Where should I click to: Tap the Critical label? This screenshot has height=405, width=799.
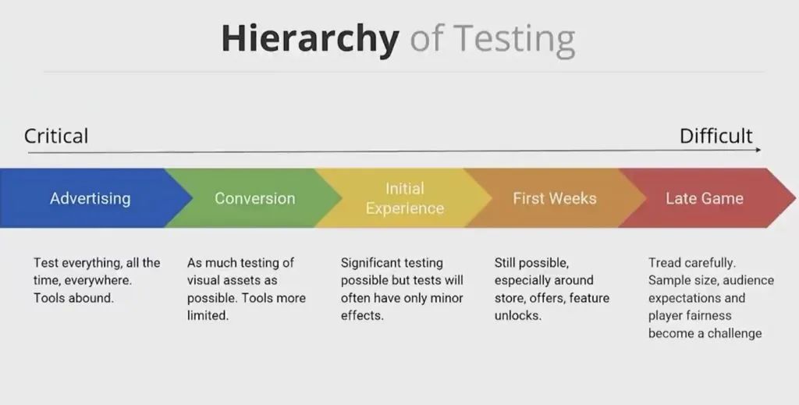(56, 136)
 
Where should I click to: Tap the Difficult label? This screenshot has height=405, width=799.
(716, 136)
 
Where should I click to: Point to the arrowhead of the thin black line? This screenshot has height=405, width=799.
(758, 150)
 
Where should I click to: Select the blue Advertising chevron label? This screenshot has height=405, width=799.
(91, 198)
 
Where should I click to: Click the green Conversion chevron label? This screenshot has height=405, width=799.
(255, 198)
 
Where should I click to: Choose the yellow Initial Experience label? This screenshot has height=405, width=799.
(405, 198)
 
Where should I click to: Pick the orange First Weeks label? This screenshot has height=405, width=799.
(555, 198)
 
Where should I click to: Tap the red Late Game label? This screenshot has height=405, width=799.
(705, 198)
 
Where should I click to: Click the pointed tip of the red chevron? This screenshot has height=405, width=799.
(795, 197)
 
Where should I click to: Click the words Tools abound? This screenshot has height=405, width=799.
(73, 298)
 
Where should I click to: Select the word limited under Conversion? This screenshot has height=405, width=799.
(208, 315)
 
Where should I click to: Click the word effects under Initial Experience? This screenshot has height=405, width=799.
(362, 315)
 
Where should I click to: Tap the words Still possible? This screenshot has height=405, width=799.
(531, 263)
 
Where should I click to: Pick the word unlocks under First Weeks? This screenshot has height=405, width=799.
(518, 315)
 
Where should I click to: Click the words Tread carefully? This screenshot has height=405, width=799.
(692, 263)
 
